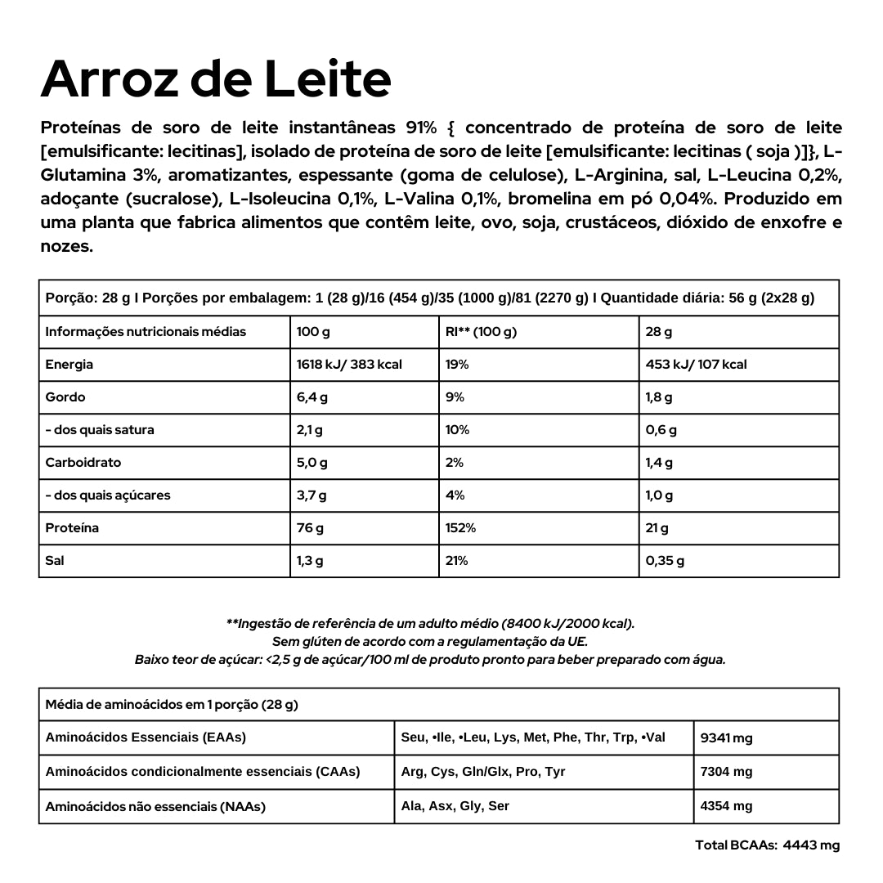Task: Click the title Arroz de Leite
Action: point(216,79)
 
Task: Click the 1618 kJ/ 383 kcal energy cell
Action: point(349,365)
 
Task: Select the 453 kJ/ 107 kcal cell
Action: point(696,365)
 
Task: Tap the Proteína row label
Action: point(72,528)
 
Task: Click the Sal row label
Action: point(55,561)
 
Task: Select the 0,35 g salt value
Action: point(665,561)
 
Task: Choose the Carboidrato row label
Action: point(83,463)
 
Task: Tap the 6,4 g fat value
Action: point(312,397)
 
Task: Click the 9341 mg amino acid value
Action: point(727,738)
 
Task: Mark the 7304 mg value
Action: point(727,772)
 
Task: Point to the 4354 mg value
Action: point(727,806)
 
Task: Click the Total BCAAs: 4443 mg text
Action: point(767,845)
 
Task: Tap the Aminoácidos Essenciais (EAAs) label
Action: point(146,737)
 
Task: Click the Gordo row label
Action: point(65,397)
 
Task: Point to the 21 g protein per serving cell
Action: point(657,528)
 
